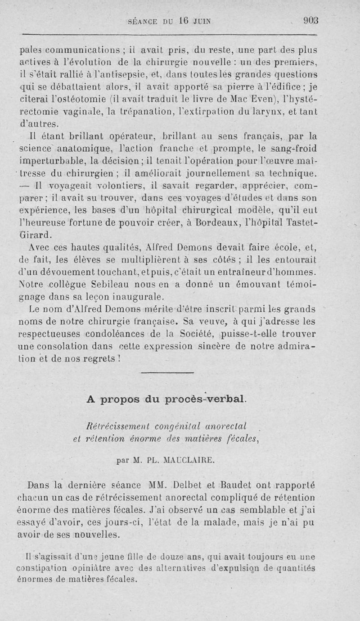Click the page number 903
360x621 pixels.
(310, 20)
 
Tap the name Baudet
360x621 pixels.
(238, 485)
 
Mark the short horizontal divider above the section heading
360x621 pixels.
(167, 372)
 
